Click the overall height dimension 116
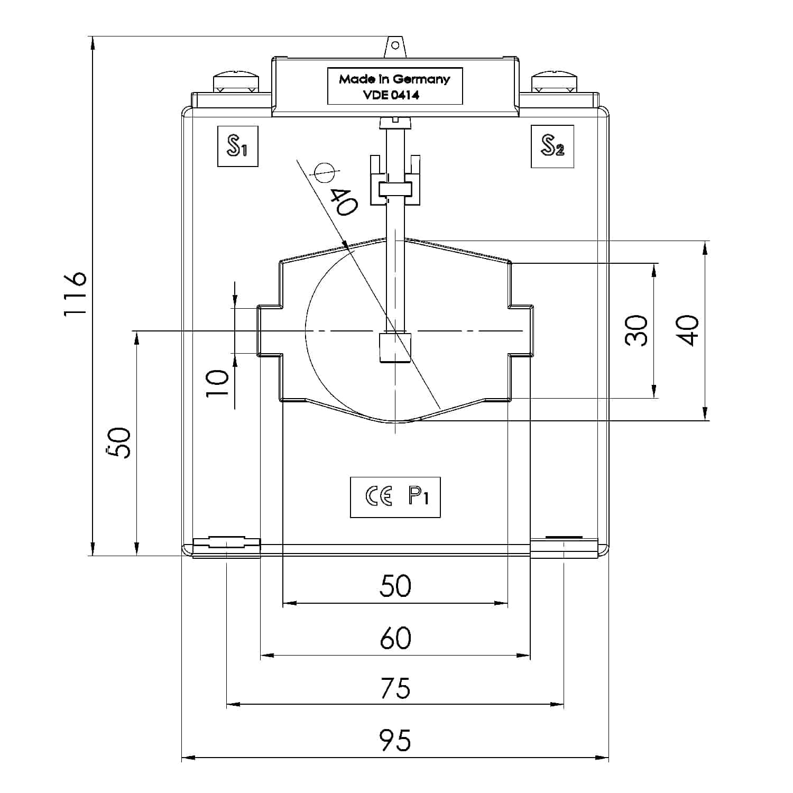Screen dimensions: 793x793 click(75, 294)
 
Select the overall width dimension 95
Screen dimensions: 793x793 click(395, 740)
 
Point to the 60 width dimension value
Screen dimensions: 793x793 click(395, 638)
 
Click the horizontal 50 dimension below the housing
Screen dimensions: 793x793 click(395, 586)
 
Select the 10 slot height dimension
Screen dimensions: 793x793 click(217, 383)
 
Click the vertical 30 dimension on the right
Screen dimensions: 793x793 click(637, 330)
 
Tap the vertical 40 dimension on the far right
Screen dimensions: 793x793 click(688, 330)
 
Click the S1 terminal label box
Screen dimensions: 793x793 click(237, 146)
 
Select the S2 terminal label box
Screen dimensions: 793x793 click(552, 146)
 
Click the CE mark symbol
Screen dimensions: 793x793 click(379, 497)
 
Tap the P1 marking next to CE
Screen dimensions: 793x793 click(418, 497)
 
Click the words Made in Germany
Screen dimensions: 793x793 click(394, 79)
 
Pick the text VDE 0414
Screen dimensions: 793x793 click(394, 95)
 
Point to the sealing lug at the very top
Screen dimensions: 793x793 click(394, 45)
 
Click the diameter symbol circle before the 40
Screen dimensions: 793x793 click(324, 172)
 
